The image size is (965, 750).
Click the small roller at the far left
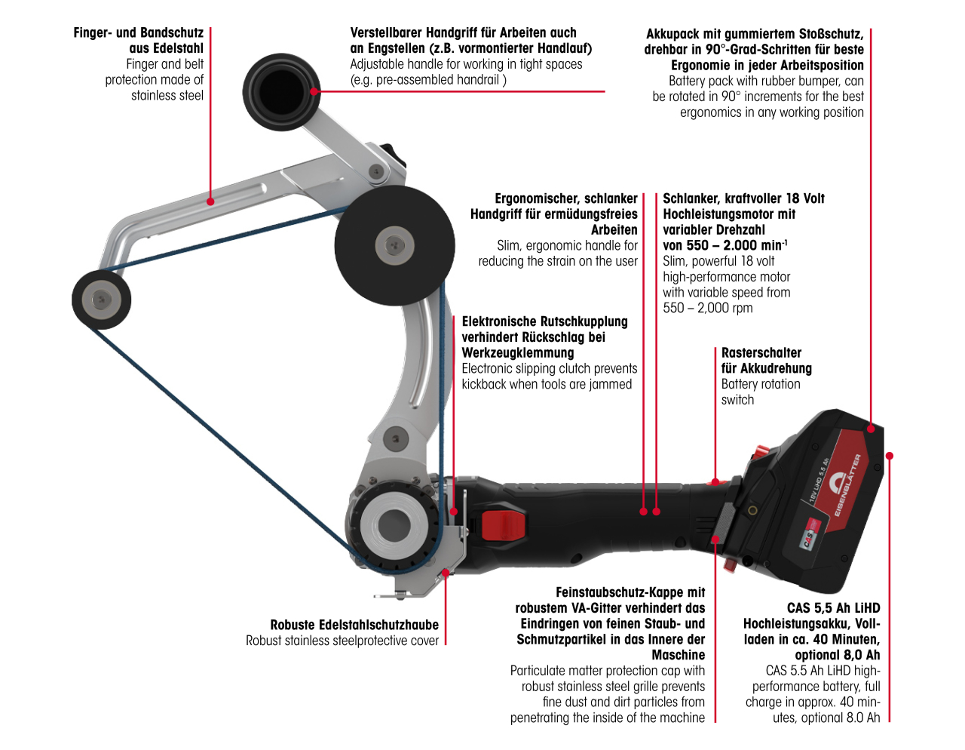[x=101, y=300]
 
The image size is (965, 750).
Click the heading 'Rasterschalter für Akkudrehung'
[x=766, y=361]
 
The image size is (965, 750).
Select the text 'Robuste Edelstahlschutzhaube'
[x=354, y=625]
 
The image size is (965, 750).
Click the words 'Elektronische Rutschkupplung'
[x=544, y=321]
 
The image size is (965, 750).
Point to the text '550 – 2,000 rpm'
[x=707, y=308]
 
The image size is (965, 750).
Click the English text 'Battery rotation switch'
[x=760, y=392]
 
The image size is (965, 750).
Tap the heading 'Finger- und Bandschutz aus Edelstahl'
[x=139, y=40]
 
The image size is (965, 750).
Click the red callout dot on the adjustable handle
[x=314, y=91]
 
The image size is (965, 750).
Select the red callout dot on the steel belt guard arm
[x=211, y=201]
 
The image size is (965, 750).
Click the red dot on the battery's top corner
[x=871, y=429]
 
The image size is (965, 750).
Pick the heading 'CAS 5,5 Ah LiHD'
[x=833, y=608]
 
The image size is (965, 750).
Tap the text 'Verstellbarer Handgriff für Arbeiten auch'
[x=463, y=32]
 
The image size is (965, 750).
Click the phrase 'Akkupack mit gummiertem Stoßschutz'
[x=754, y=34]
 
